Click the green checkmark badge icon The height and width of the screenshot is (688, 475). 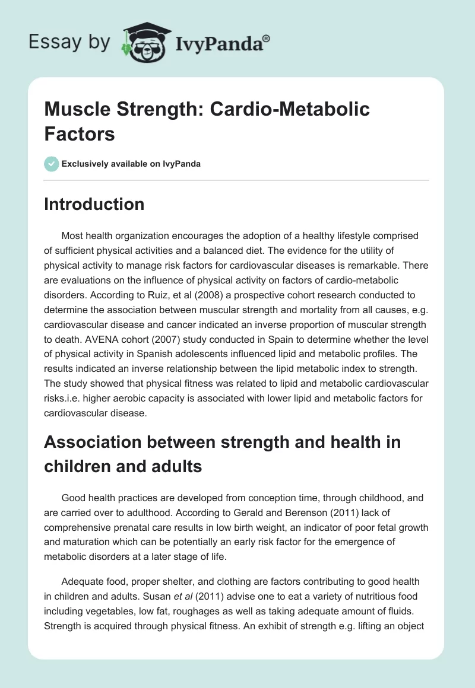(52, 164)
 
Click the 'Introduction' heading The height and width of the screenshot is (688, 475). (94, 205)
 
